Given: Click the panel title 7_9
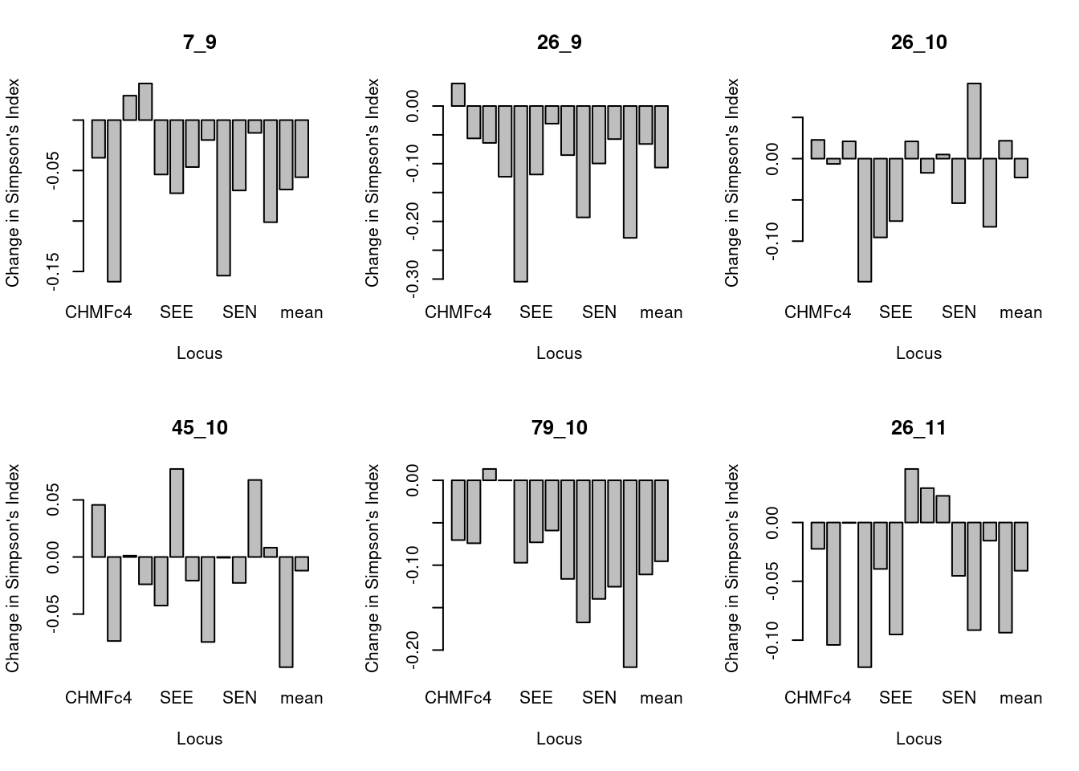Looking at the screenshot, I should click(x=199, y=43).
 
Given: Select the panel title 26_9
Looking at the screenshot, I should click(x=559, y=43).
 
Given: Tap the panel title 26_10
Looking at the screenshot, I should click(x=918, y=43).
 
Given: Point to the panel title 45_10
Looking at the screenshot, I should click(x=199, y=428).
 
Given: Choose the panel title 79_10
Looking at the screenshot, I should click(x=559, y=428).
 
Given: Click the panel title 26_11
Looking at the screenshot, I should click(x=918, y=428).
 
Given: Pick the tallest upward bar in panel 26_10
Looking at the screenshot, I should click(x=974, y=120).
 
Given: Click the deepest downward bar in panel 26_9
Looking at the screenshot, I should click(x=520, y=193).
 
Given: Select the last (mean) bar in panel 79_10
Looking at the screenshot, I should click(x=662, y=520).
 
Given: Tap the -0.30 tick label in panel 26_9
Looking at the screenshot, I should click(x=413, y=279).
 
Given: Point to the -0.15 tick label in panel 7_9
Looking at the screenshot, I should click(x=54, y=271).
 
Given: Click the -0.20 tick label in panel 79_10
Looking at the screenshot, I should click(x=413, y=650).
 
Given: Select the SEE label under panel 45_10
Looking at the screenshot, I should click(x=176, y=698).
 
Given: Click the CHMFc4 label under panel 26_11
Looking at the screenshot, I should click(x=817, y=698).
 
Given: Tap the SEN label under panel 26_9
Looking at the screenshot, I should click(x=599, y=312).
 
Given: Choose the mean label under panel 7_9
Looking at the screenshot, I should click(x=301, y=312).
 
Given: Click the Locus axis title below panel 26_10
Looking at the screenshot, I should click(x=918, y=353).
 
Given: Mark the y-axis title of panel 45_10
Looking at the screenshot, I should click(x=13, y=568).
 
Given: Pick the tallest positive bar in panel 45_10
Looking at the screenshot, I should click(x=177, y=512).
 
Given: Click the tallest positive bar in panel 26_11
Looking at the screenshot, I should click(x=911, y=496).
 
